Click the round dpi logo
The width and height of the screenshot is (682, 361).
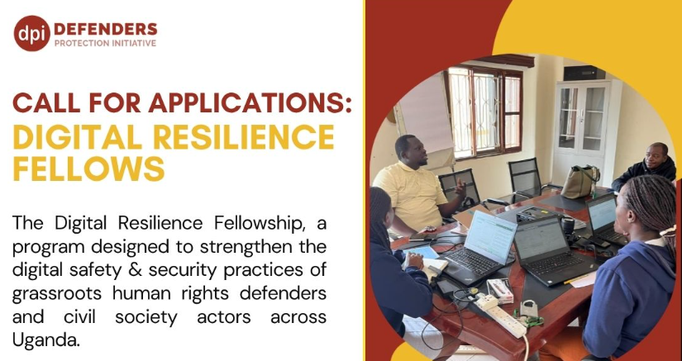click(x=31, y=33)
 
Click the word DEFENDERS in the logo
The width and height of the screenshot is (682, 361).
click(x=104, y=28)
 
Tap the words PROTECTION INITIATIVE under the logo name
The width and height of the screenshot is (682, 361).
click(x=104, y=43)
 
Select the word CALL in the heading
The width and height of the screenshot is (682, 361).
click(x=47, y=104)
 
